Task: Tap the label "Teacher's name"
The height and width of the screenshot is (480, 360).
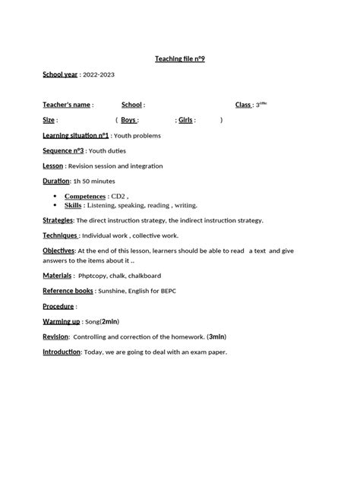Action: (66, 105)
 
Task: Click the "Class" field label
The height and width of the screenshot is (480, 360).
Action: (243, 105)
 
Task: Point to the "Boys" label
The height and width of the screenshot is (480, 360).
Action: (128, 120)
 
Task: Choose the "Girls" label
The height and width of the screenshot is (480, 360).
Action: (187, 120)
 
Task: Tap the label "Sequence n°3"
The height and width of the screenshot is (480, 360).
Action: (63, 150)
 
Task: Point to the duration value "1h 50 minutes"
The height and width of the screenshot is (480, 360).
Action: (94, 182)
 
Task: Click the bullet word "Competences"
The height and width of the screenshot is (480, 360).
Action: (84, 196)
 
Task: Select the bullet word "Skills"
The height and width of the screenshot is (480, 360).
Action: (73, 205)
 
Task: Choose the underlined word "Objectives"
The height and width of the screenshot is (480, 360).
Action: (58, 250)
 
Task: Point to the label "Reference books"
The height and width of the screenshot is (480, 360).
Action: (68, 290)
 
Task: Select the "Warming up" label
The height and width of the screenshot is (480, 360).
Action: (61, 321)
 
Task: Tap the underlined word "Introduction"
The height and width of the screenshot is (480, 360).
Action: (62, 352)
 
